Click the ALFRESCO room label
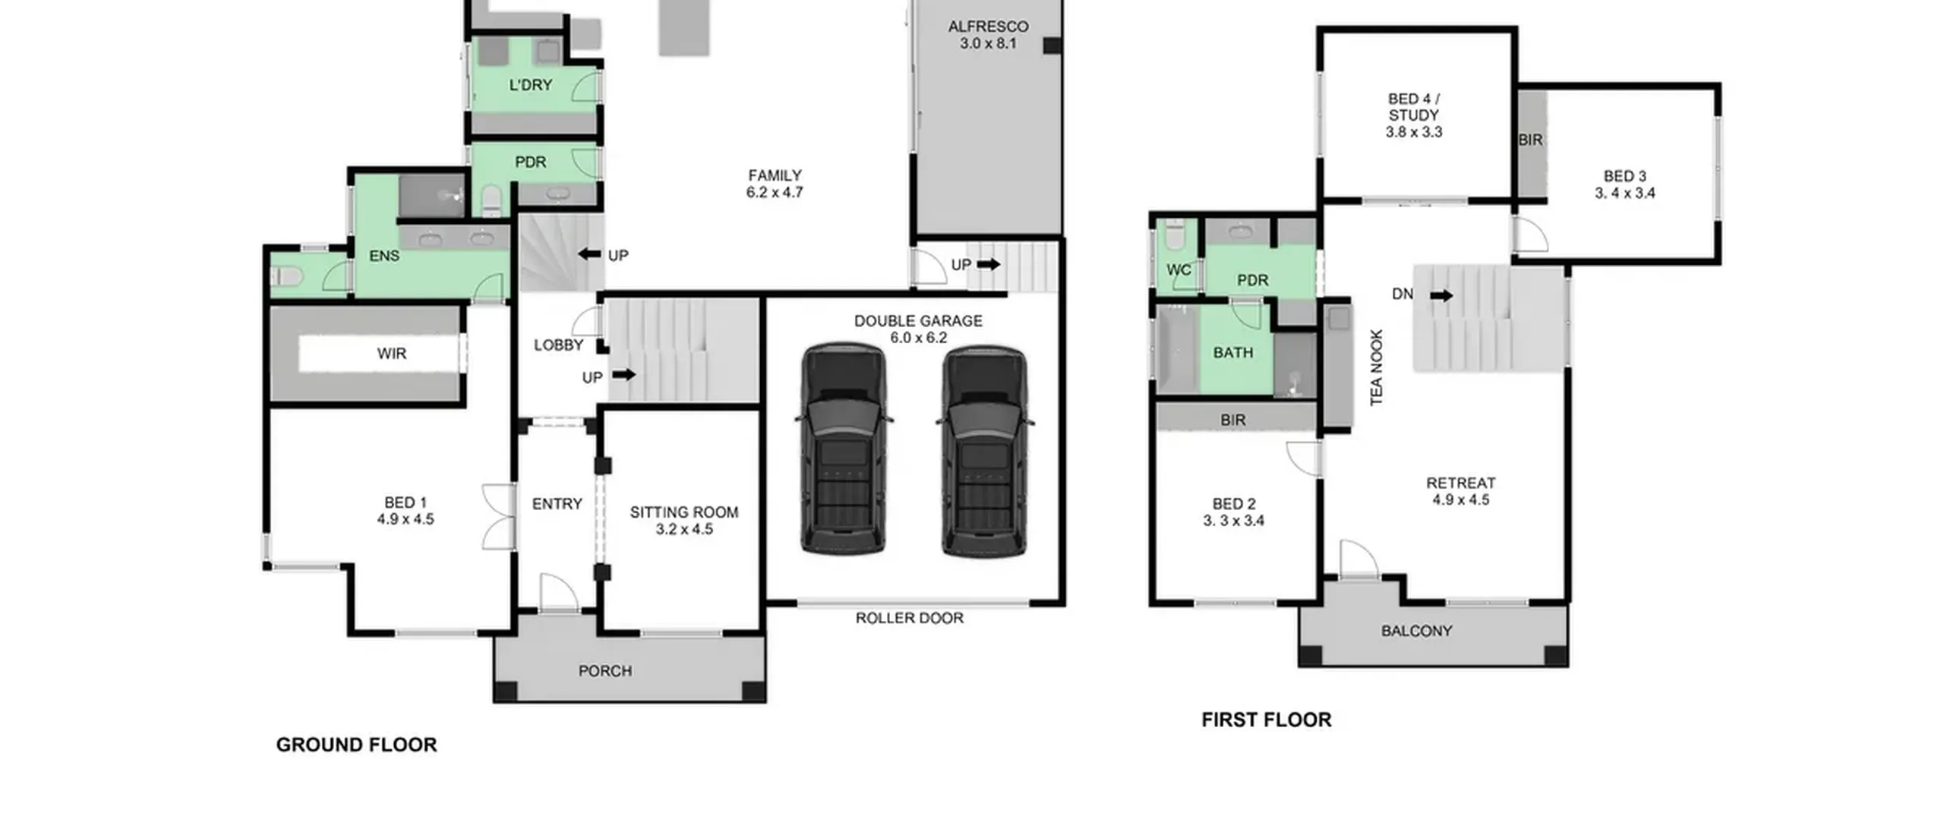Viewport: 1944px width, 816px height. [988, 27]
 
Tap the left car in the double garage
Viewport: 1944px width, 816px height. [844, 449]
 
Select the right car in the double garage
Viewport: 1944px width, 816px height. [984, 449]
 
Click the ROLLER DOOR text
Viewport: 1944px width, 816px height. [909, 618]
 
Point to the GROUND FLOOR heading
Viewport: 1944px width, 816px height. [356, 745]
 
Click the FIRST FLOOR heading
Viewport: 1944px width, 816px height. [1266, 720]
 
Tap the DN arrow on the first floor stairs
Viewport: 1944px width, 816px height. [1441, 295]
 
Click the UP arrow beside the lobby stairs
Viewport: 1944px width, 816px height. [623, 374]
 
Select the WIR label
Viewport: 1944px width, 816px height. [392, 353]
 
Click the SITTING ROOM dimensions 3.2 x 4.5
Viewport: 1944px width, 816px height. [684, 529]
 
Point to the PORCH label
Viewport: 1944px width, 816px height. [605, 671]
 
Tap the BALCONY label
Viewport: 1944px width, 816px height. [1416, 631]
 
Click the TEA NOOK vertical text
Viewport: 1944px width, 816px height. [1377, 367]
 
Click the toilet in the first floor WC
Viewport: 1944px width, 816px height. [1174, 236]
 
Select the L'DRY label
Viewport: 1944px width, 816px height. [530, 85]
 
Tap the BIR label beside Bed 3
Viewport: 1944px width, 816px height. [1530, 140]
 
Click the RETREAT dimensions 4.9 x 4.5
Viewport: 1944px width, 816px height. [1461, 499]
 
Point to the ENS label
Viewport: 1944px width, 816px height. [384, 256]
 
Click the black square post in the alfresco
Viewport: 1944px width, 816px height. [1052, 46]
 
